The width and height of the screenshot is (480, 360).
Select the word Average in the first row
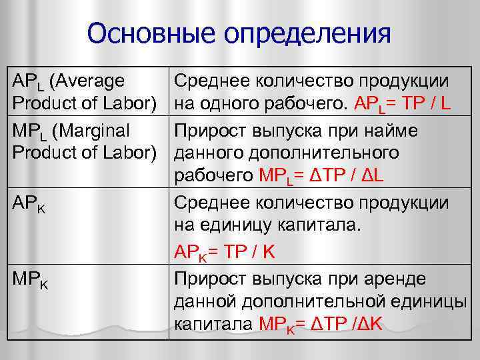click(x=90, y=81)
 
